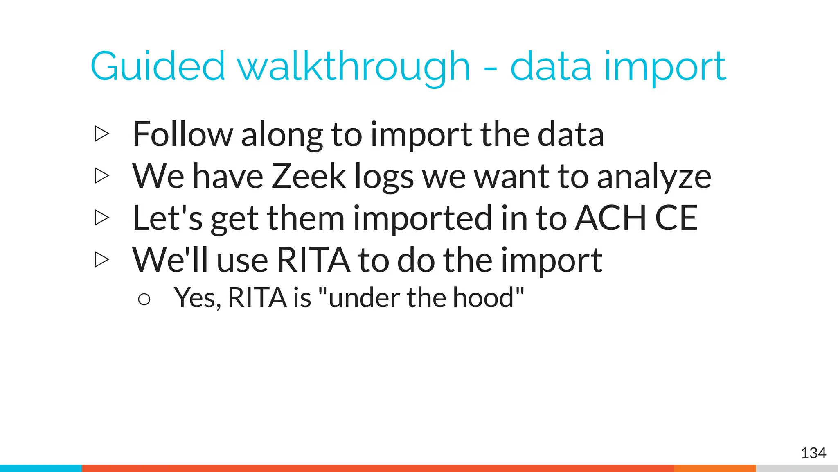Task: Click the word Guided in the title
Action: point(158,66)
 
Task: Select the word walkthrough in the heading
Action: point(354,66)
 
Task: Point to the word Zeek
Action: point(309,176)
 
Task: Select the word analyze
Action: point(654,177)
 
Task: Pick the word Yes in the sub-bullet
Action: point(198,298)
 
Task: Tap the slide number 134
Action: point(813,453)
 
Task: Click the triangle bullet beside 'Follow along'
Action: point(102,134)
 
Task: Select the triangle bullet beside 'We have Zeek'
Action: point(102,176)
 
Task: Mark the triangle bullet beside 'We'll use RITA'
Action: point(102,259)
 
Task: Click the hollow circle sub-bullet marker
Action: point(144,300)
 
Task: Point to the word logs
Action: point(384,177)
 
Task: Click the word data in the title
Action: point(551,66)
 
